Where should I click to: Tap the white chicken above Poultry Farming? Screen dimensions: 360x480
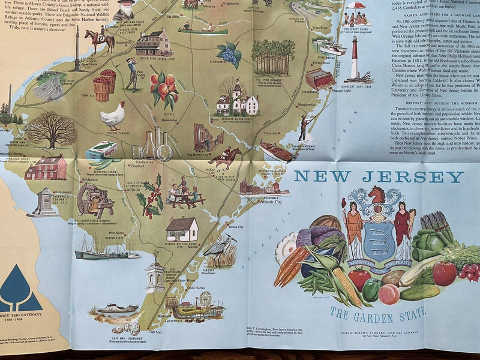pos(112,115)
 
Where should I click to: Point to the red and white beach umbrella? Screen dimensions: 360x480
pos(356,5)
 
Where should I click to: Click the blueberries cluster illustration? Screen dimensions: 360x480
pos(229,55)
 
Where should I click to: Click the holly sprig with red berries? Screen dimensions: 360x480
pos(150,195)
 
